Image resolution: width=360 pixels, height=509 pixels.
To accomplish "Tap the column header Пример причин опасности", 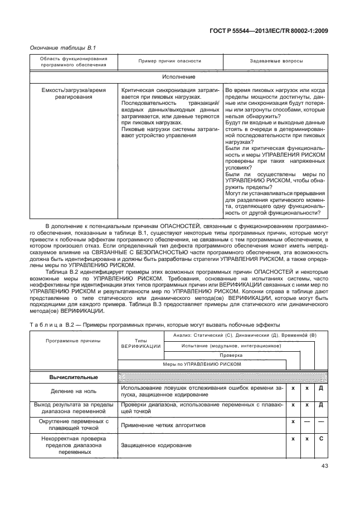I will (169, 60).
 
